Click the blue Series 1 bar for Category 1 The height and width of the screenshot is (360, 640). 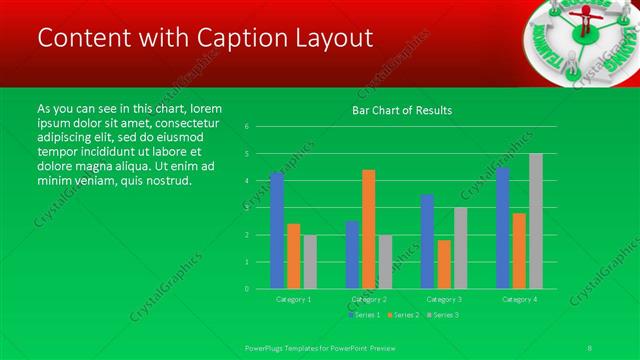click(x=277, y=230)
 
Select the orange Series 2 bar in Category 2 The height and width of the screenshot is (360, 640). click(x=369, y=229)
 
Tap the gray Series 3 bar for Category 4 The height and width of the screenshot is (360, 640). click(x=536, y=221)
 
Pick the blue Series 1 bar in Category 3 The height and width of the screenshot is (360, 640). click(x=427, y=241)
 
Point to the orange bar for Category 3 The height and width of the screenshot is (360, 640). click(x=444, y=264)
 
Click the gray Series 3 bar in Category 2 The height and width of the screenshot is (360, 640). click(x=385, y=261)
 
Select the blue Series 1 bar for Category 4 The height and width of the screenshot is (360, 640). click(x=503, y=228)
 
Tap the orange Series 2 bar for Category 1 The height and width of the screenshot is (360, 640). click(x=293, y=256)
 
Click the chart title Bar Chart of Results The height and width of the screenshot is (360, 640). click(x=402, y=110)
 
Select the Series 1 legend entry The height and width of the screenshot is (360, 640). click(x=364, y=315)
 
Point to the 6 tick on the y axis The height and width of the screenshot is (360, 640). click(x=247, y=127)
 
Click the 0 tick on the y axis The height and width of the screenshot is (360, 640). click(x=247, y=288)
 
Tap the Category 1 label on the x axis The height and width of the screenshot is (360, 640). click(x=293, y=299)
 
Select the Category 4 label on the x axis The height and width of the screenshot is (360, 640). click(x=519, y=299)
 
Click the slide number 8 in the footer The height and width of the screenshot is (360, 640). click(x=592, y=347)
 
